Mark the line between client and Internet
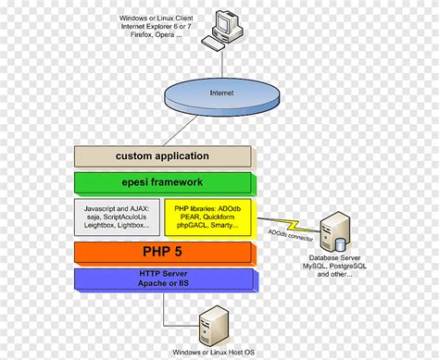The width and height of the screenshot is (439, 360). (x=222, y=62)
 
